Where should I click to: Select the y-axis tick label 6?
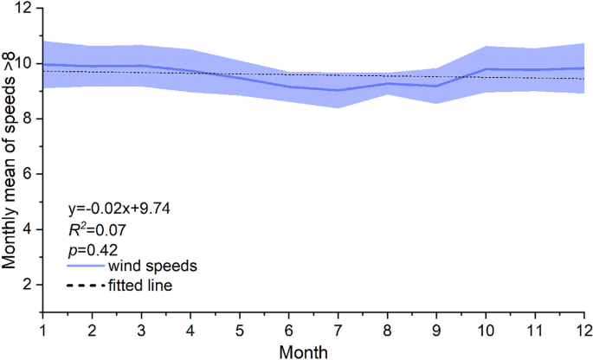point(27,174)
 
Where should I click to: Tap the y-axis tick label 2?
point(27,285)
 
